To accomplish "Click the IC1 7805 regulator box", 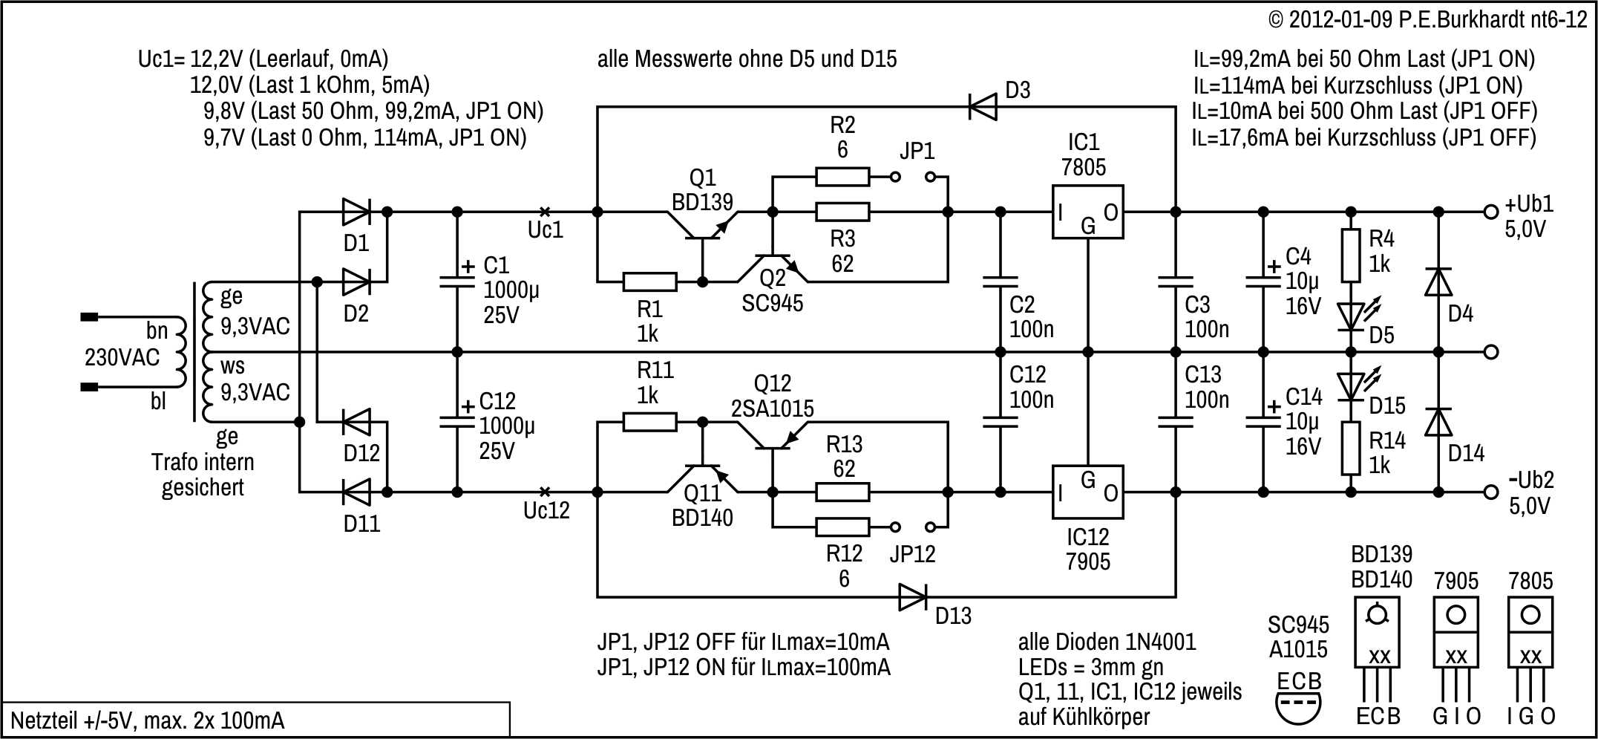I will pyautogui.click(x=1087, y=212).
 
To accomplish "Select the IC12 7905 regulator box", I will pyautogui.click(x=1087, y=492).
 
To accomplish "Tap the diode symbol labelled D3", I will pyautogui.click(x=983, y=108).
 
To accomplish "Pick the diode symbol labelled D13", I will pyautogui.click(x=912, y=597).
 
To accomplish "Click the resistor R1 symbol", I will pyautogui.click(x=649, y=282).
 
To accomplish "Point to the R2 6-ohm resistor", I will pyautogui.click(x=842, y=177).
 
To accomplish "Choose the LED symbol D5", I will pyautogui.click(x=1351, y=316).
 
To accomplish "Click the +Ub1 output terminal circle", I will pyautogui.click(x=1490, y=212).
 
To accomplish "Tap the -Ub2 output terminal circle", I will pyautogui.click(x=1490, y=492).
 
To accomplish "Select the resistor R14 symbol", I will pyautogui.click(x=1351, y=448).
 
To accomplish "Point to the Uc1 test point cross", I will pyautogui.click(x=545, y=212).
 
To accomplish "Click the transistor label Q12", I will pyautogui.click(x=772, y=384).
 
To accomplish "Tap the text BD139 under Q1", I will pyautogui.click(x=702, y=202).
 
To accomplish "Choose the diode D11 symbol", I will pyautogui.click(x=357, y=492).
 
